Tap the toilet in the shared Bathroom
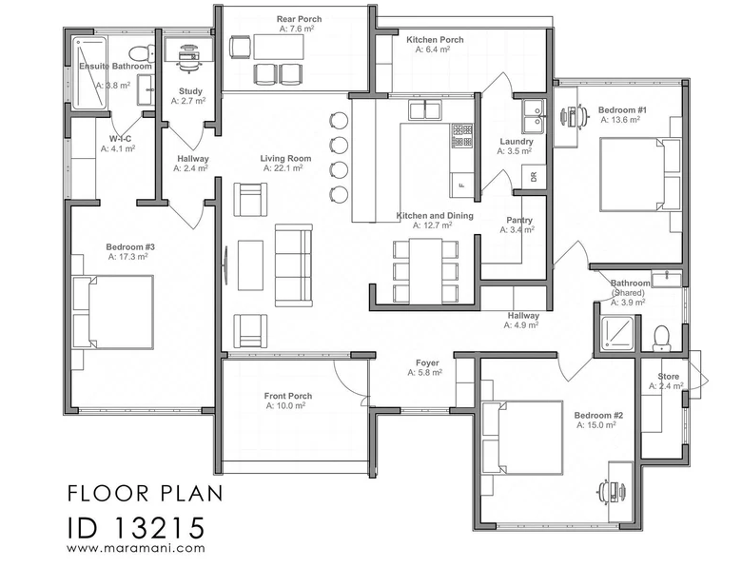(x=661, y=338)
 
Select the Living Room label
(x=285, y=159)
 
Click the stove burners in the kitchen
(x=462, y=135)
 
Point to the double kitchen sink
(x=425, y=109)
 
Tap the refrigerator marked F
(x=462, y=185)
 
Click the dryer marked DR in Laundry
(x=534, y=177)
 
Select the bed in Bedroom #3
(x=113, y=312)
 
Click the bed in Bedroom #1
(x=641, y=174)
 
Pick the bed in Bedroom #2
(x=522, y=438)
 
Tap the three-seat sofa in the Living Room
(x=293, y=265)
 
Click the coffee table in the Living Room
(x=250, y=265)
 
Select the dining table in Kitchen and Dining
(x=426, y=271)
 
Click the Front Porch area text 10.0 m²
(x=285, y=405)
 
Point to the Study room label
(x=190, y=91)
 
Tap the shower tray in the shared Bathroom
(x=617, y=334)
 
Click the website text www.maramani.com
(x=136, y=548)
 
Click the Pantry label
(x=519, y=220)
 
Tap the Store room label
(x=668, y=377)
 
